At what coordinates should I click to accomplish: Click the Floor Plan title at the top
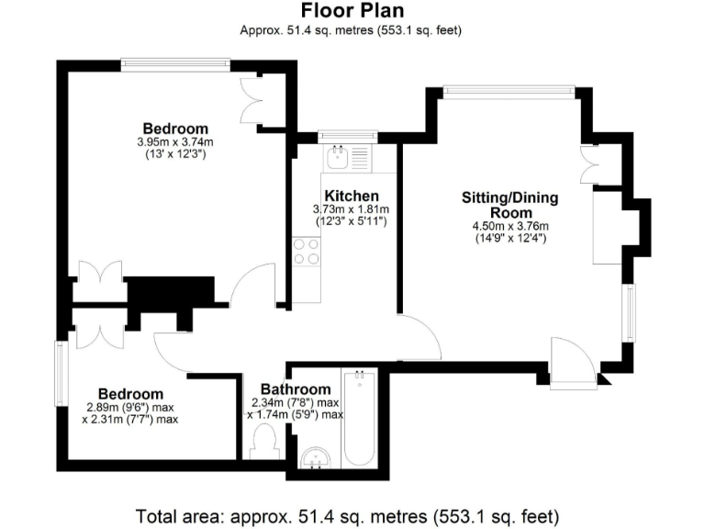point(351,11)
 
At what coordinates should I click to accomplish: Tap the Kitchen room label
point(352,196)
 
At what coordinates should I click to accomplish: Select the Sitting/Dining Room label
point(510,204)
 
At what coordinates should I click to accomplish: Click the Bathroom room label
point(295,389)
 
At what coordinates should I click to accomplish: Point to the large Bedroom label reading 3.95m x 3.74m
point(174,129)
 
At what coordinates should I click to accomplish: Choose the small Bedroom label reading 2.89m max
point(131,394)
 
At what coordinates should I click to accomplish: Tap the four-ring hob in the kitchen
point(306,251)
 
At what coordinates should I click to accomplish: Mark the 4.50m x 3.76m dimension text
point(510,227)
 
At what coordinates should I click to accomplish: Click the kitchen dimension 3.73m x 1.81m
point(352,209)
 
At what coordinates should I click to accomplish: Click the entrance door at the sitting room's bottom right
point(570,362)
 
